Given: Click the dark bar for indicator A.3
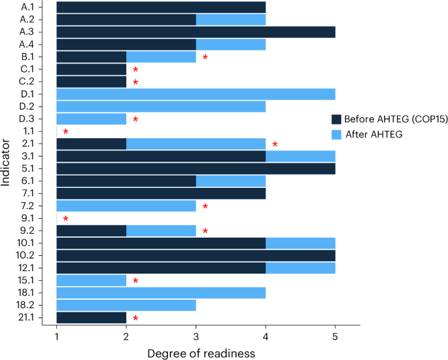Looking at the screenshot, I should (196, 32).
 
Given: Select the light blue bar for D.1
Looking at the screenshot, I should (196, 94).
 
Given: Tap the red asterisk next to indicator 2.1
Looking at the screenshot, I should (275, 145).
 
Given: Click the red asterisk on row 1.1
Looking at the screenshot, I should (65, 132).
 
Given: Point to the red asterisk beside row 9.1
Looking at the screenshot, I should (65, 219).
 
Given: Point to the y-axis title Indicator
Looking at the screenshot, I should (7, 163).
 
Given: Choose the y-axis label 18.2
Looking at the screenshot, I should (31, 306).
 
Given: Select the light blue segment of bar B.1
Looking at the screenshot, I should (161, 57).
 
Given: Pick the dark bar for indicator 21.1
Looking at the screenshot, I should (91, 318).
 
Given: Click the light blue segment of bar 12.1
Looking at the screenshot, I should (300, 268).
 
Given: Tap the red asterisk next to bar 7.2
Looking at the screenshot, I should (205, 207).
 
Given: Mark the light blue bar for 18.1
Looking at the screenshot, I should (161, 293).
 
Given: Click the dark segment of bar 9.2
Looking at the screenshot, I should (91, 231).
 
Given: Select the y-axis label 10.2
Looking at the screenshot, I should (31, 256).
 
